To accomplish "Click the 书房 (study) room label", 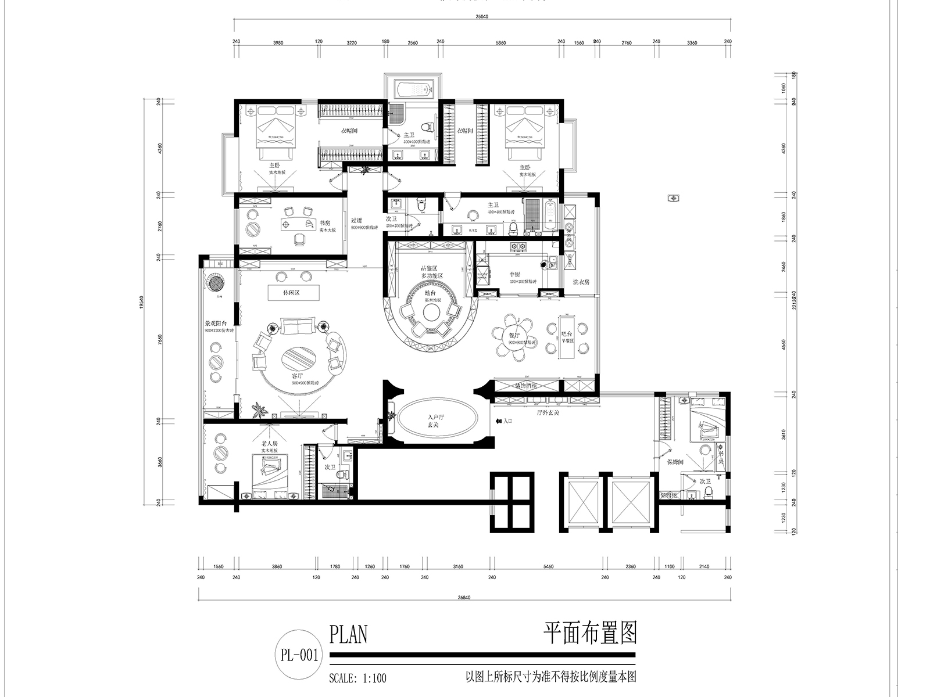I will click(325, 222).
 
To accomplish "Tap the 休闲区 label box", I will click(294, 293).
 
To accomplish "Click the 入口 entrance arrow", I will click(503, 421).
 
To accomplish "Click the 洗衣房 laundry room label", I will click(581, 281).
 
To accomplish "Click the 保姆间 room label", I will click(674, 462).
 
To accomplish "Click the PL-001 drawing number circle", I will click(299, 655).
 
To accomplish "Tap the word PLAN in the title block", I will click(349, 635).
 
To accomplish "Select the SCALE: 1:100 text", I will click(357, 678).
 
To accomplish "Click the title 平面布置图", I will click(590, 634).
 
